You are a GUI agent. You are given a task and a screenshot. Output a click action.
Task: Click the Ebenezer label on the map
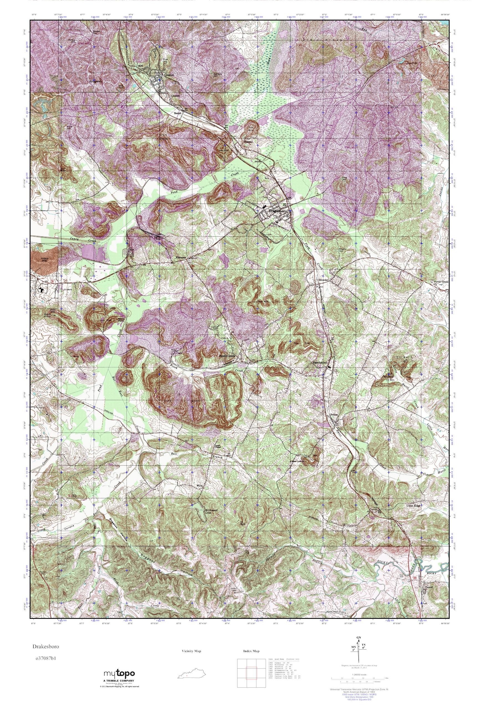[181, 258]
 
